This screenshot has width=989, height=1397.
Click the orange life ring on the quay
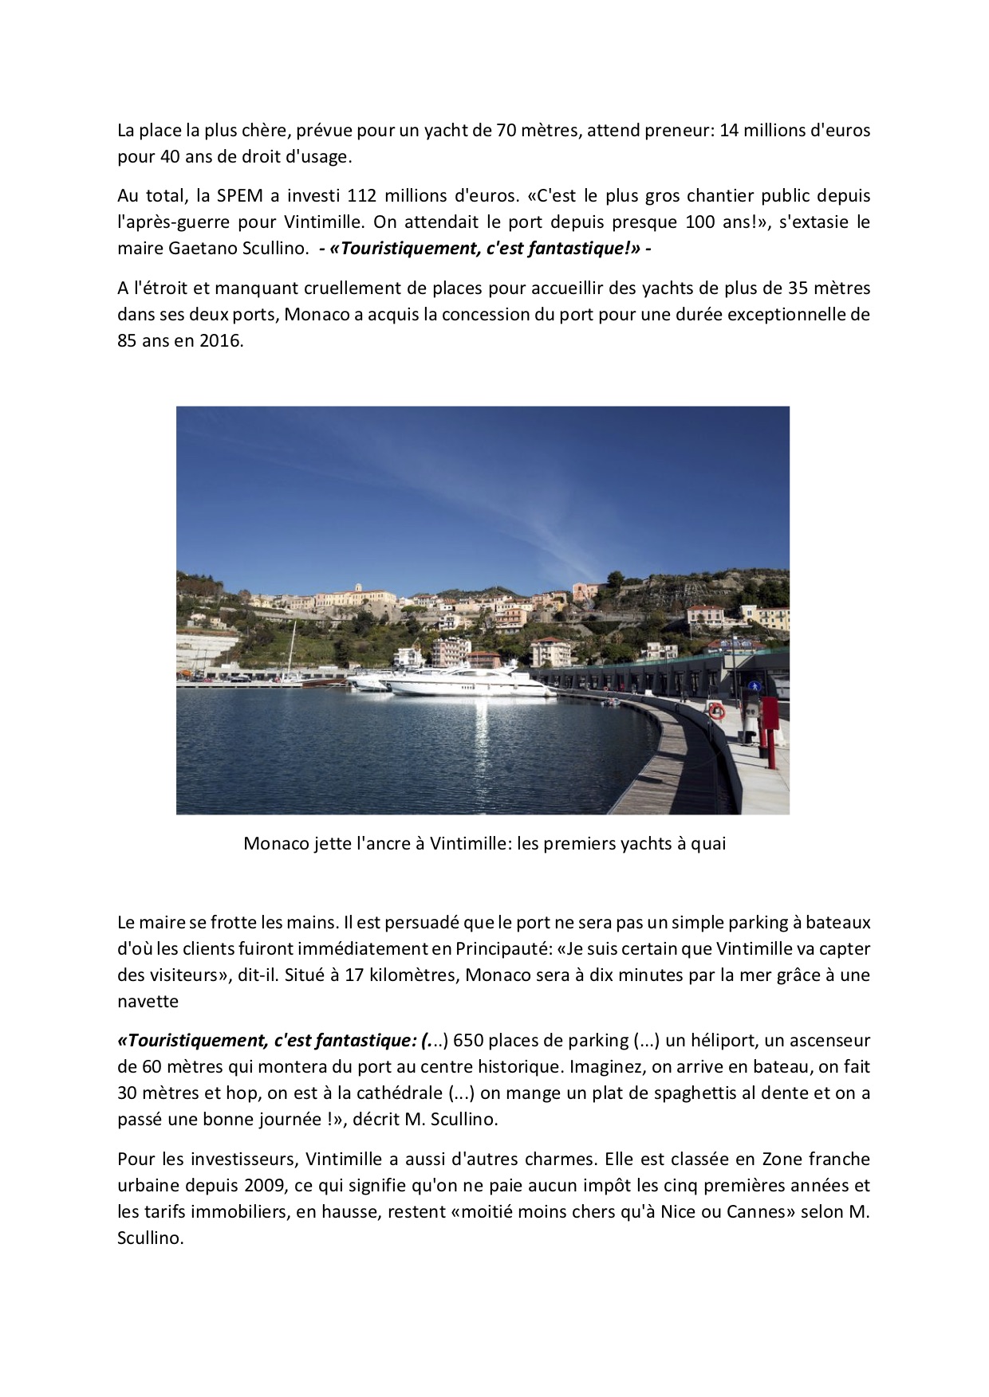(x=717, y=709)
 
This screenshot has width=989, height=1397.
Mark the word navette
(x=148, y=1001)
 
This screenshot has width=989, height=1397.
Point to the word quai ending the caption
(x=709, y=843)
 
